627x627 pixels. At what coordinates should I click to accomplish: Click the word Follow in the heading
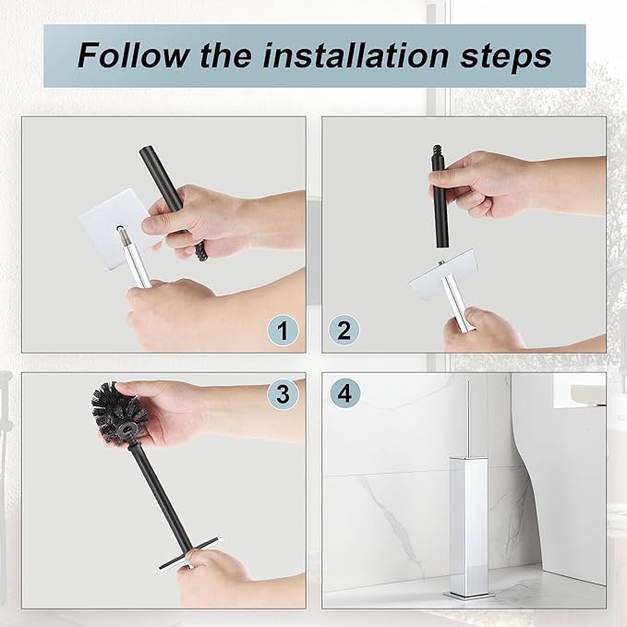click(x=134, y=55)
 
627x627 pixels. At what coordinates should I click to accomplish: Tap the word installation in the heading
click(x=356, y=55)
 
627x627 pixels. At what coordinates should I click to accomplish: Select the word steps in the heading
click(x=506, y=58)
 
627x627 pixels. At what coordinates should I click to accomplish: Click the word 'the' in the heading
click(x=226, y=55)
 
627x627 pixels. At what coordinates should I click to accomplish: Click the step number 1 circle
click(x=283, y=332)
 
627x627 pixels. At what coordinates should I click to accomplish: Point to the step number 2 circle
click(x=344, y=331)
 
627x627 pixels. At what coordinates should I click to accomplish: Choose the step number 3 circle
click(x=283, y=393)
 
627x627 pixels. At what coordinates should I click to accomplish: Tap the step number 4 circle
click(x=345, y=393)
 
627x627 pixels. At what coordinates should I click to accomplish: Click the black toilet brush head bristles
click(x=119, y=412)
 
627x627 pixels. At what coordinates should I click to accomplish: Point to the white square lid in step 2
click(x=444, y=277)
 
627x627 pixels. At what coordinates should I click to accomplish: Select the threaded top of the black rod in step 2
click(x=437, y=151)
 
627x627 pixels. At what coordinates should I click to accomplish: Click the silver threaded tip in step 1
click(x=124, y=235)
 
